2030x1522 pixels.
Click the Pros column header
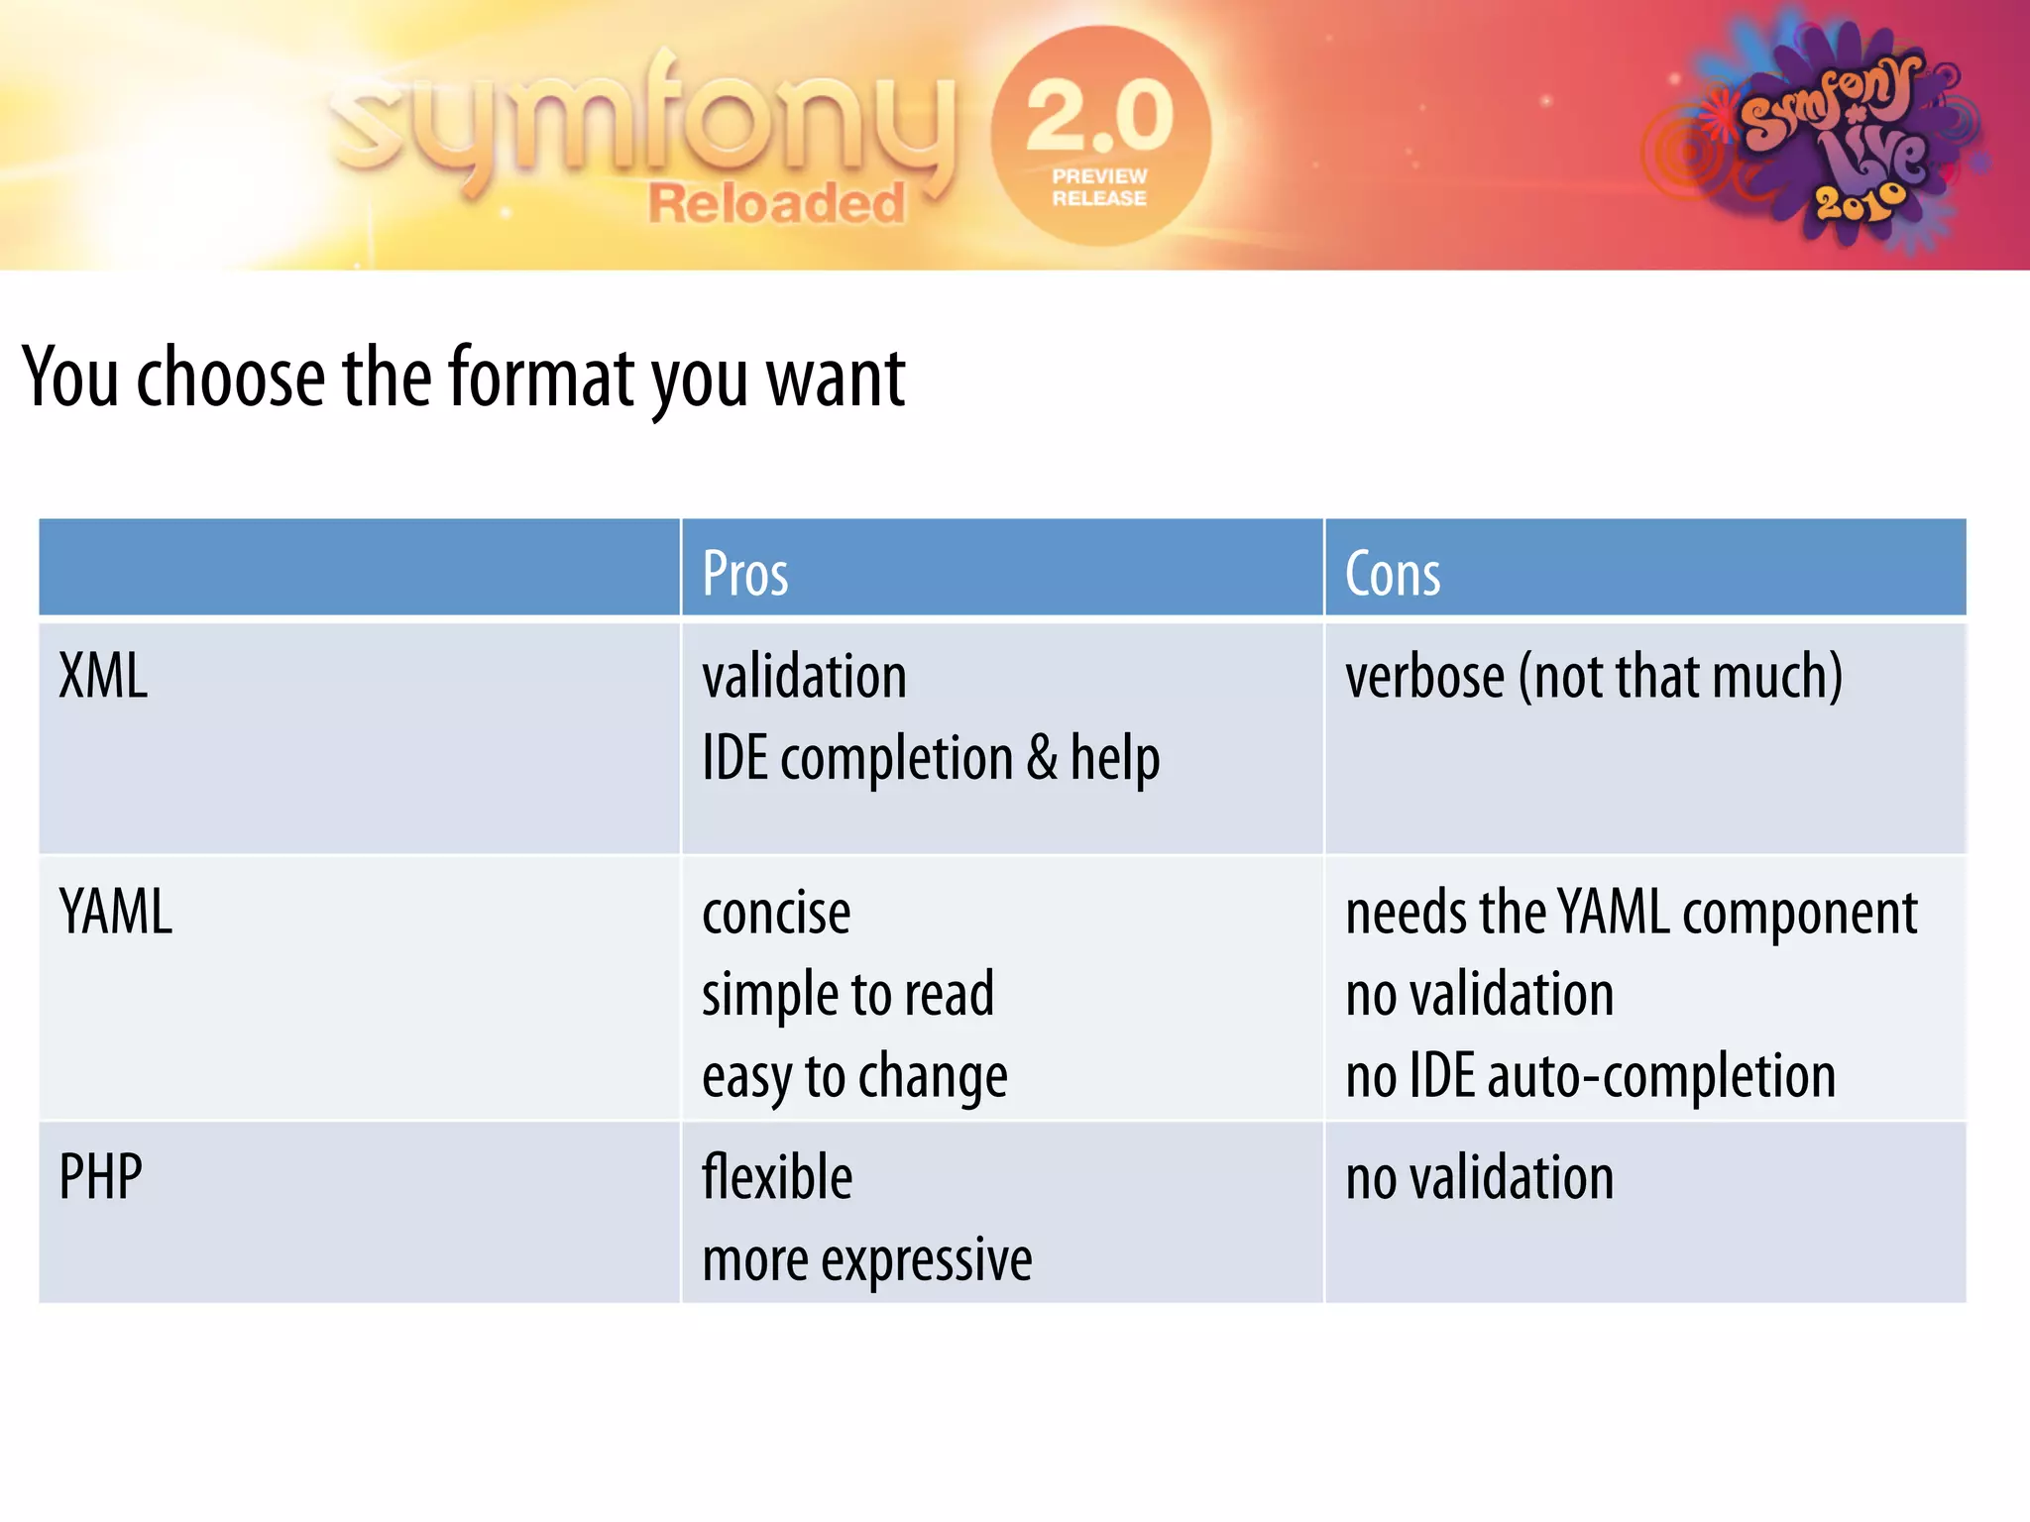(745, 574)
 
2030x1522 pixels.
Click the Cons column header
(1392, 574)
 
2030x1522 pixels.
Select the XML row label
(103, 677)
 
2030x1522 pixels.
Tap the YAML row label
(116, 912)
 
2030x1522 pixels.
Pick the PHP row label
(100, 1177)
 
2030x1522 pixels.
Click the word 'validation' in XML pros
(804, 677)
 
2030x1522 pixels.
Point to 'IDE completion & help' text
(931, 759)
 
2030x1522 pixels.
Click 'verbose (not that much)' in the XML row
(1593, 677)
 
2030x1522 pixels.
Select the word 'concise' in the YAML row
(776, 913)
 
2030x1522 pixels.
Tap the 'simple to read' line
(847, 995)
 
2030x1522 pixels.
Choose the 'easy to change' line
(854, 1077)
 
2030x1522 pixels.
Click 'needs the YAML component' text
(1631, 913)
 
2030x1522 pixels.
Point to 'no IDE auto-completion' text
(1590, 1077)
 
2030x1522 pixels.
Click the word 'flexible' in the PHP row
(777, 1178)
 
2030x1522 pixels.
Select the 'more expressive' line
(866, 1260)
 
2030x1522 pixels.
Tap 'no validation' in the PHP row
(1479, 1178)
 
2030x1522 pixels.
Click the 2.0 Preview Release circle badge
(1099, 136)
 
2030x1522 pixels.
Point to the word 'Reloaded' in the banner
(776, 204)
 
